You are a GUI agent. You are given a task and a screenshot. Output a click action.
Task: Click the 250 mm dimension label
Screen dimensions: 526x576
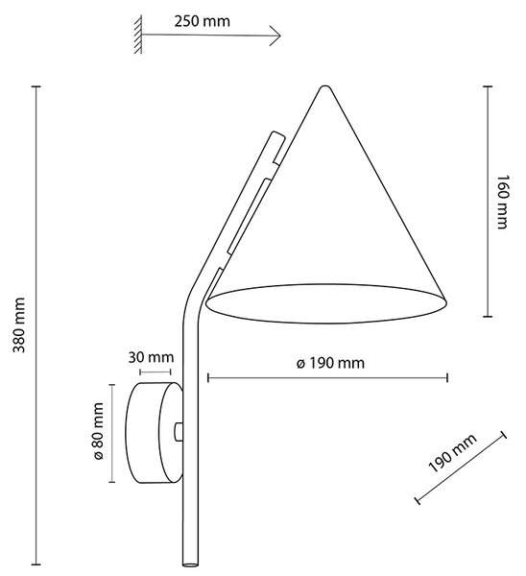click(x=202, y=21)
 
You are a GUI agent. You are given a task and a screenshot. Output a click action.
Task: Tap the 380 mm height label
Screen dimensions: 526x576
click(x=19, y=325)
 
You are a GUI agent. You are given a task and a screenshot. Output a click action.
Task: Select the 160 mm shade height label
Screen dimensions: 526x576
click(x=502, y=202)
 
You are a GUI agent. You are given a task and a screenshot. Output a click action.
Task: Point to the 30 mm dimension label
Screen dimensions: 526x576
click(x=151, y=357)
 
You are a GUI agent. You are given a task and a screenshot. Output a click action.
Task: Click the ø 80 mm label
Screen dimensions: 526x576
click(x=98, y=431)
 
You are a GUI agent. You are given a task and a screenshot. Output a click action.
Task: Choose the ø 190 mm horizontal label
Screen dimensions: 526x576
click(x=330, y=363)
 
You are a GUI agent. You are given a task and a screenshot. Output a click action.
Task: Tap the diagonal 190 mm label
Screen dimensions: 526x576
click(x=452, y=453)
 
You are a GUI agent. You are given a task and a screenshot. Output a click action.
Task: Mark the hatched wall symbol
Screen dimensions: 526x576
click(x=138, y=35)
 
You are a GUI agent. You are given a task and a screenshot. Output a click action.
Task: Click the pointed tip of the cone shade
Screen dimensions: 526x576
click(x=324, y=87)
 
